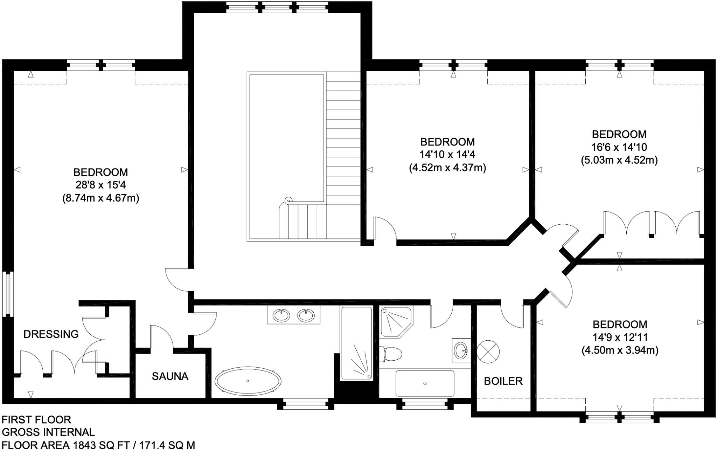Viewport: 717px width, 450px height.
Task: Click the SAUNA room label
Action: (170, 376)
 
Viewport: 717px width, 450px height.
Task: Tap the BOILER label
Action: (503, 381)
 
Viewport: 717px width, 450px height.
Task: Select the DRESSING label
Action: (51, 334)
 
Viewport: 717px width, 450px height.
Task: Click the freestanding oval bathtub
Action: (248, 381)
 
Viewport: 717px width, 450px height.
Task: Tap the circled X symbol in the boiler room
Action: (488, 352)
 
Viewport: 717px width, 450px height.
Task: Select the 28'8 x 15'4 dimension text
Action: (100, 185)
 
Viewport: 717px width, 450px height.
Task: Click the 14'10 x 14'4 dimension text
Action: (447, 155)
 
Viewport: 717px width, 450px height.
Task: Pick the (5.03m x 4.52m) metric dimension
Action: (619, 160)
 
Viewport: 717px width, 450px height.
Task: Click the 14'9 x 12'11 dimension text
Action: (620, 337)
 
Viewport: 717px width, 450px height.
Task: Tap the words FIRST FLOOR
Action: (36, 420)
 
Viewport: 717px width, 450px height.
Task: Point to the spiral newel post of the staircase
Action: (288, 200)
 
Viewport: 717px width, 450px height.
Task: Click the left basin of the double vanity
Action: (281, 315)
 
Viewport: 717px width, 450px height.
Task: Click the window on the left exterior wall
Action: (8, 294)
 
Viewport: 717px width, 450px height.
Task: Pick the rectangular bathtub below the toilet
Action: (425, 383)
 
